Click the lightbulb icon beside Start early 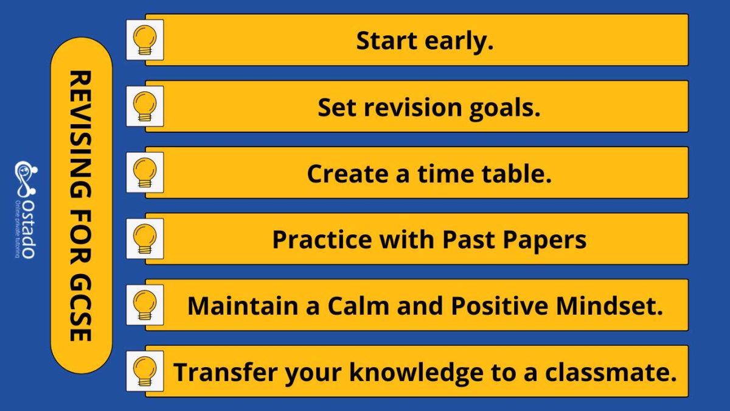pyautogui.click(x=145, y=40)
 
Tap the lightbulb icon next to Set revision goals pyautogui.click(x=145, y=107)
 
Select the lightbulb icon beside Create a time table pyautogui.click(x=145, y=173)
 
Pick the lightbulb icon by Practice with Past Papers pyautogui.click(x=145, y=239)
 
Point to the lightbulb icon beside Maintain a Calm pyautogui.click(x=145, y=305)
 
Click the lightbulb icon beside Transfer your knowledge pyautogui.click(x=145, y=371)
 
